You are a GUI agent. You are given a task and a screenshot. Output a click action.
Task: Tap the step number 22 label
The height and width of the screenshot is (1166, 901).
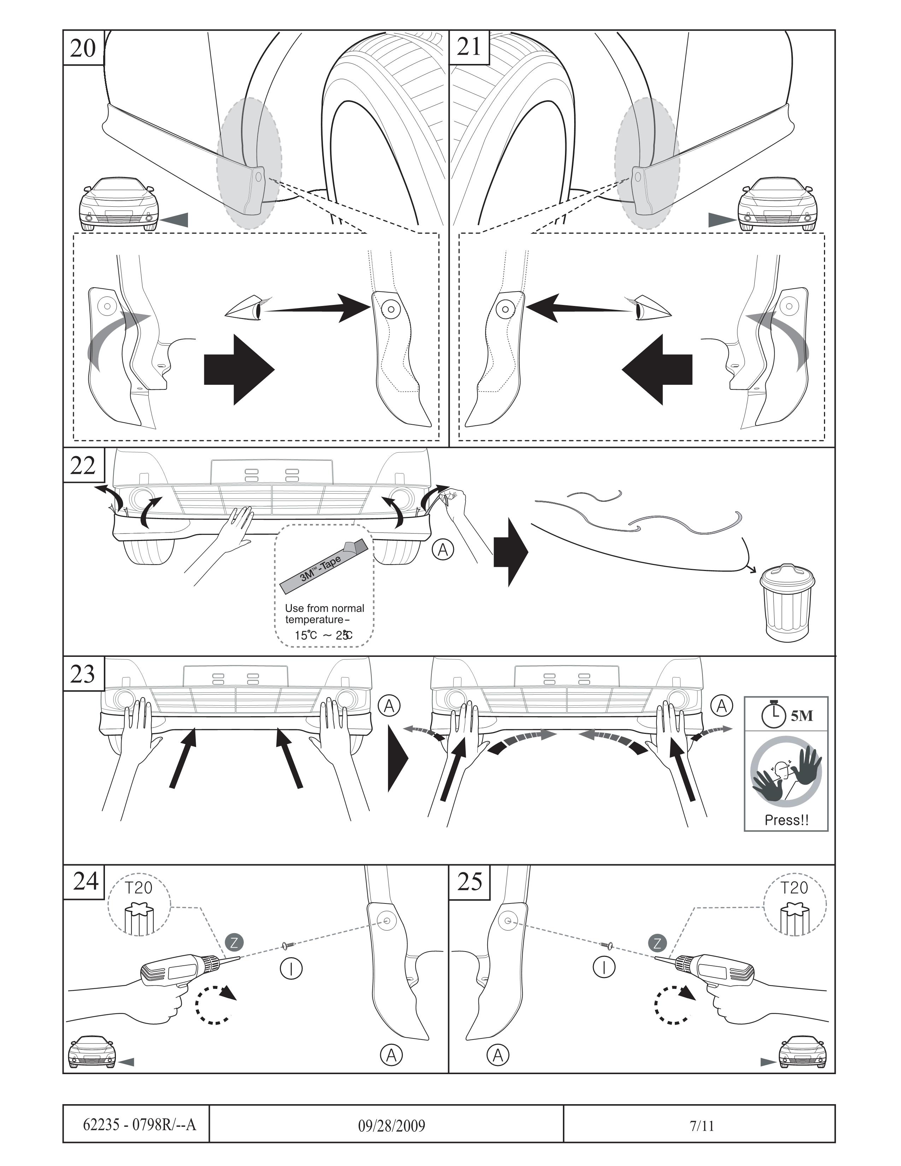(83, 466)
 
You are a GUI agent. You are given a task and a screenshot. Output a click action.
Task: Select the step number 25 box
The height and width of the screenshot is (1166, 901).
(470, 882)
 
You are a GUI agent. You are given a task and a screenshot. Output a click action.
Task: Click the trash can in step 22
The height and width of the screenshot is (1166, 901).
(787, 603)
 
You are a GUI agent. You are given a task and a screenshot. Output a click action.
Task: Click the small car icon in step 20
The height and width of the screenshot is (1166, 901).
(119, 205)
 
